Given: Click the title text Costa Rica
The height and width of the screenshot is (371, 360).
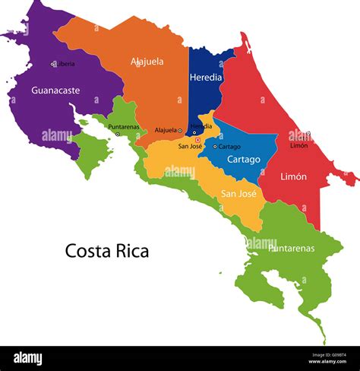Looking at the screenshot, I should pyautogui.click(x=106, y=251).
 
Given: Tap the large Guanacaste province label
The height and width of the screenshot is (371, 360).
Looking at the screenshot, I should pyautogui.click(x=55, y=90).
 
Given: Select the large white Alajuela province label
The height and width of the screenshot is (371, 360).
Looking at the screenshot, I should pyautogui.click(x=147, y=62).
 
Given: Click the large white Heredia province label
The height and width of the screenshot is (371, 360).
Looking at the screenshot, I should pyautogui.click(x=206, y=78).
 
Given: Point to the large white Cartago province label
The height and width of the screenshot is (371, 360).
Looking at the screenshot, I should pyautogui.click(x=243, y=160).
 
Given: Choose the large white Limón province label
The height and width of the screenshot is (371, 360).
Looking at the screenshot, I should pyautogui.click(x=293, y=176).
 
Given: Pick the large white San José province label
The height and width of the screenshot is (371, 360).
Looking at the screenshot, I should pyautogui.click(x=238, y=193).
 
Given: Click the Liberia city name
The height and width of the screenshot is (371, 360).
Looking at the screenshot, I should pyautogui.click(x=66, y=64).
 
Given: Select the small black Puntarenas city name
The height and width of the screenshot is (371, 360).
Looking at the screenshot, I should pyautogui.click(x=123, y=127).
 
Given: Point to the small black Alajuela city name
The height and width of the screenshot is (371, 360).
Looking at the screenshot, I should pyautogui.click(x=165, y=130).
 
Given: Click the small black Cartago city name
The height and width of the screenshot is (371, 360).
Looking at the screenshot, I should pyautogui.click(x=230, y=146).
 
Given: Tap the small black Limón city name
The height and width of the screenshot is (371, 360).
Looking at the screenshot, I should pyautogui.click(x=298, y=145).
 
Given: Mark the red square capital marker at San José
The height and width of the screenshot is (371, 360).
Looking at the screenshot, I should pyautogui.click(x=197, y=140).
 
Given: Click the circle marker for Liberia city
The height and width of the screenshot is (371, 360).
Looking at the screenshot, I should pyautogui.click(x=53, y=64).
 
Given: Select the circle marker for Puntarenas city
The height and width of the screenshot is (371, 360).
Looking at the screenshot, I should pyautogui.click(x=118, y=134).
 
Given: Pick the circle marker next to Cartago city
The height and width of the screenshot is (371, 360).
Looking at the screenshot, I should pyautogui.click(x=215, y=146).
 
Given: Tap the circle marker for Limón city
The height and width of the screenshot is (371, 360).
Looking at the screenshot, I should pyautogui.click(x=308, y=134).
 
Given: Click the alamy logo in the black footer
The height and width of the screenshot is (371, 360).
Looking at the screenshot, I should pyautogui.click(x=27, y=359).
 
